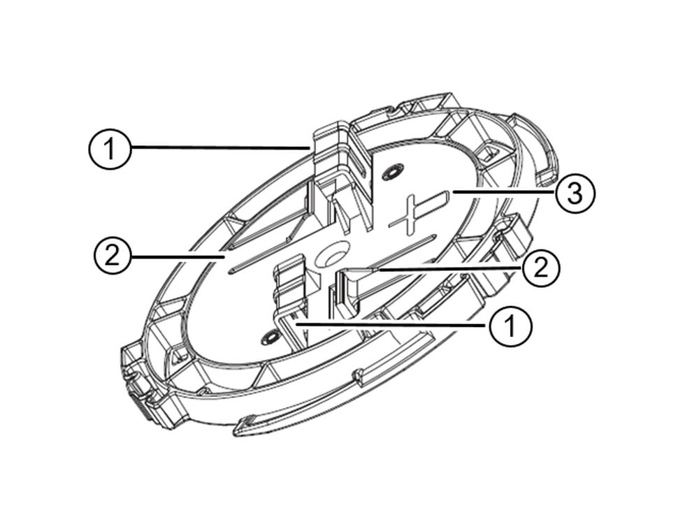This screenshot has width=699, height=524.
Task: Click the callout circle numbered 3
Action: pyautogui.click(x=575, y=194)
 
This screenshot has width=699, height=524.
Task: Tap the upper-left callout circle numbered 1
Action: pyautogui.click(x=110, y=149)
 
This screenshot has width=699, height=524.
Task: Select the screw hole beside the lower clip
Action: pyautogui.click(x=266, y=339)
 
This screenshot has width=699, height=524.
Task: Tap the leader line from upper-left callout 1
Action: pyautogui.click(x=217, y=147)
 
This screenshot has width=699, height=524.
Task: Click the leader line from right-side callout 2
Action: pyautogui.click(x=447, y=266)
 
